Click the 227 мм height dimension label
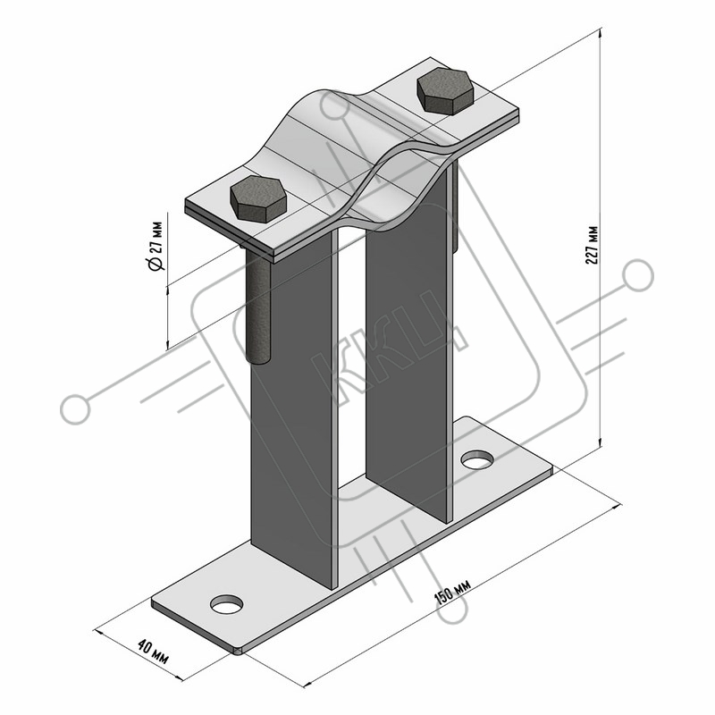(593, 245)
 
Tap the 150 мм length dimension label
(452, 590)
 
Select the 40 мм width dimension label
(153, 652)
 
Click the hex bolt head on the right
(445, 91)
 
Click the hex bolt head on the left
(258, 199)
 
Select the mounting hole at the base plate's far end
(477, 459)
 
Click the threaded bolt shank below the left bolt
(258, 307)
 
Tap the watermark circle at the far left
(75, 409)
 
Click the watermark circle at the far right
(638, 275)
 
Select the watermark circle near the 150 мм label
(452, 609)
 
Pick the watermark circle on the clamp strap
(335, 105)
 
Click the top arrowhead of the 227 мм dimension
(601, 32)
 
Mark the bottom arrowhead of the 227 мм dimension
(601, 442)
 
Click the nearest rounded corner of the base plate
(238, 651)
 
